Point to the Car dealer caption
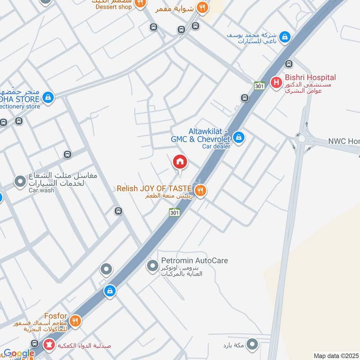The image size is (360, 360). pos(216,146)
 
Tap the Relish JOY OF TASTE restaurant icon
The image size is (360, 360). pos(201,191)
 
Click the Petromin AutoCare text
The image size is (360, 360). pos(195,261)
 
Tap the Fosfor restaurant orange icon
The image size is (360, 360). pos(75,321)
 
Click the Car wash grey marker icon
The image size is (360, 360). pos(20,182)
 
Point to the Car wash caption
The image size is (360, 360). pos(41,190)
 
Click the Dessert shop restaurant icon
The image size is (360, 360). pos(140,4)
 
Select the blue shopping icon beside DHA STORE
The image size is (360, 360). pos(49,97)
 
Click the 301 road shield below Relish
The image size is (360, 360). pos(175,212)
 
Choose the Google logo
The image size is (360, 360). pos(19,354)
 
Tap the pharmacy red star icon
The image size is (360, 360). pos(48,345)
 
